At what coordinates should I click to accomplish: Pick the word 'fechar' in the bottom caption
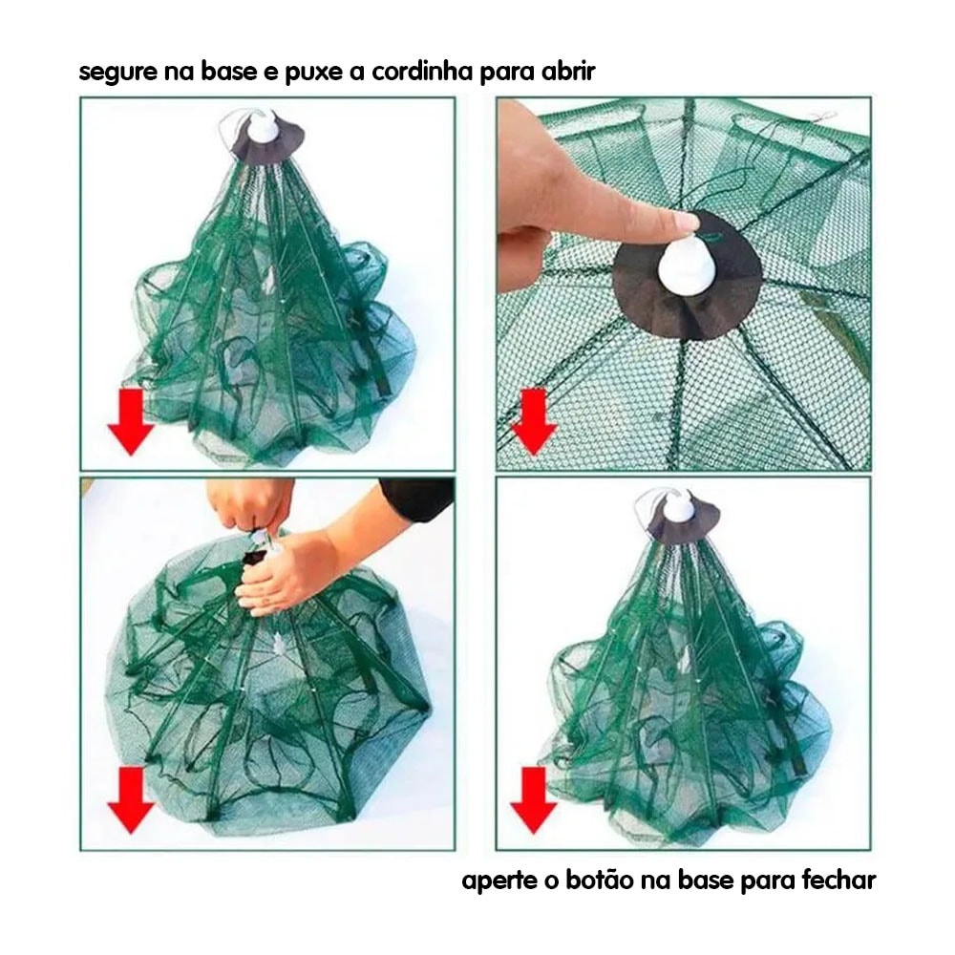839,880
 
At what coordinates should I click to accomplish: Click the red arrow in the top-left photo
130,422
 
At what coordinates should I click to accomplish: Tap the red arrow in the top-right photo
534,422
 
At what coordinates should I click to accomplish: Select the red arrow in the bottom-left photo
130,800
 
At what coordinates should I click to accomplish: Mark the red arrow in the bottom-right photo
534,800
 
